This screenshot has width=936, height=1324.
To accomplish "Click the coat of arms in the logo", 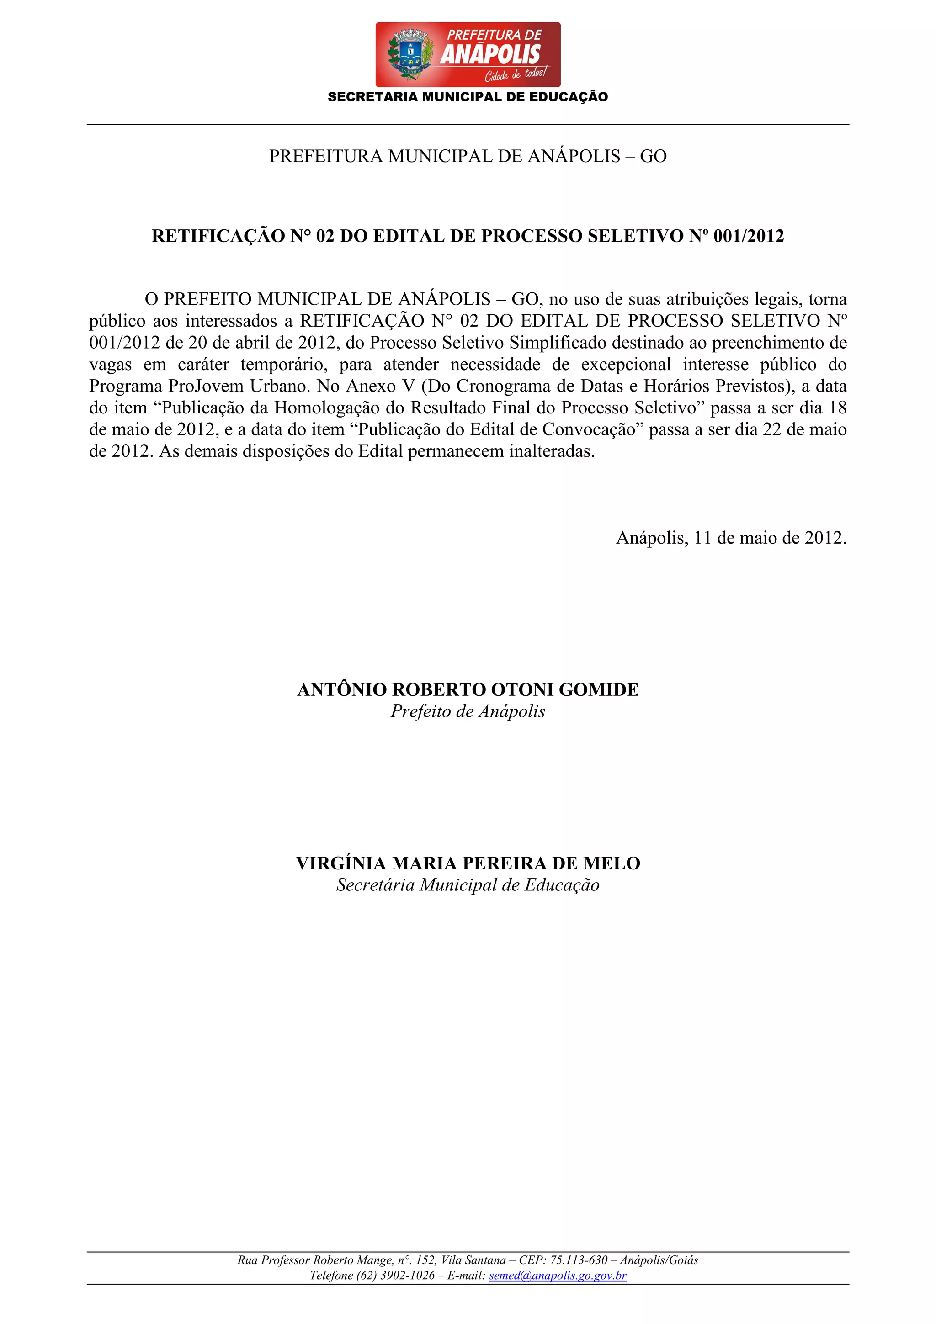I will click(x=410, y=55).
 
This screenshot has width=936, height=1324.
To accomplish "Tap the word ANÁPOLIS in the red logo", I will click(x=490, y=55).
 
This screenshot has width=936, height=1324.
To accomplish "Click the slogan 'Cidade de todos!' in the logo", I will click(x=515, y=74).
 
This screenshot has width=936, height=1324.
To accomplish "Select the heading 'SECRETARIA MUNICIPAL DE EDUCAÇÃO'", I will click(x=468, y=97).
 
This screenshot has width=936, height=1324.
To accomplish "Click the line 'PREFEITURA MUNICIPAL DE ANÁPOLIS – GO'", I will click(x=468, y=156).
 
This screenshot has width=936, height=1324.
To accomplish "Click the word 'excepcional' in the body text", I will click(x=626, y=365).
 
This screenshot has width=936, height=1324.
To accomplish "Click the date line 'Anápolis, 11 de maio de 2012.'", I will click(x=731, y=538).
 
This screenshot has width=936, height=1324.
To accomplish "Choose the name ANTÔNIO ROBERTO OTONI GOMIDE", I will click(x=468, y=690).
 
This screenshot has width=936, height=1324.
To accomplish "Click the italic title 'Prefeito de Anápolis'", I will click(x=468, y=712).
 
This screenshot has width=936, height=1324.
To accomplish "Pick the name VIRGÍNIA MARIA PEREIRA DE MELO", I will click(x=468, y=863).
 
